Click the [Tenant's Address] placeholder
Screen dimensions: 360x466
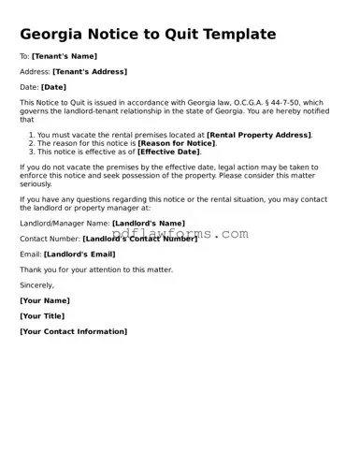click(90, 71)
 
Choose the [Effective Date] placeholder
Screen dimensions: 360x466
click(169, 152)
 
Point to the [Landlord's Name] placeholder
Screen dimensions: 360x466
click(148, 224)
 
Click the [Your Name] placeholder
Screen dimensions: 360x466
click(44, 300)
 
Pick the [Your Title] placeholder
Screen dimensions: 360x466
click(43, 316)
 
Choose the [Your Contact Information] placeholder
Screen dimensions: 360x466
click(73, 331)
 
